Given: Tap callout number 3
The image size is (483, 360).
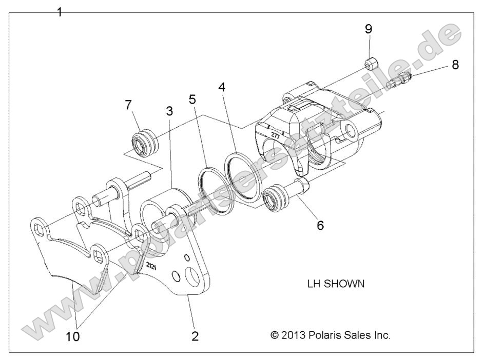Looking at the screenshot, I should click(x=169, y=111).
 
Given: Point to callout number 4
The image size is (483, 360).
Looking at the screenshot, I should click(x=222, y=87).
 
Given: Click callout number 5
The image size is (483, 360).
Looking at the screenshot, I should click(x=192, y=98).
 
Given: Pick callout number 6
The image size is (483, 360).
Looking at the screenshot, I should click(x=320, y=225).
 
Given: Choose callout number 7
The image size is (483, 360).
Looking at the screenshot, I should click(x=128, y=106).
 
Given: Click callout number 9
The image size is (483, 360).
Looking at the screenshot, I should click(x=369, y=29).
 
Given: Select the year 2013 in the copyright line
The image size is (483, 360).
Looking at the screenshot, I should click(x=293, y=336).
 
